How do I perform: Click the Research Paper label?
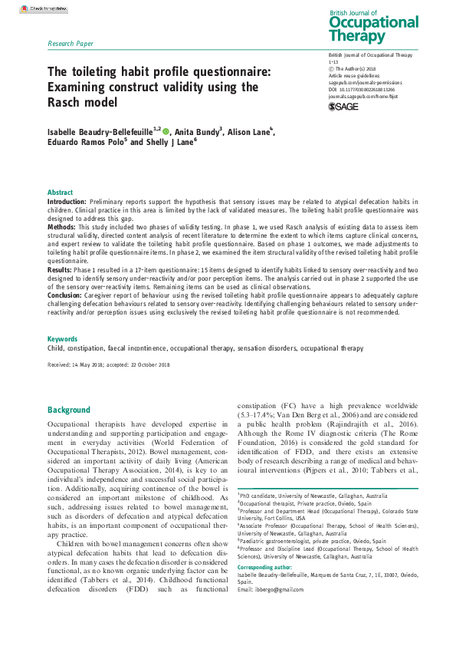71,44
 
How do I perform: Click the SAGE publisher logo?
343,106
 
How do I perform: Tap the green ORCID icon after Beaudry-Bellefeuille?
166,132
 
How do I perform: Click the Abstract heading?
61,193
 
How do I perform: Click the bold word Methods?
62,229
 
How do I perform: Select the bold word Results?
61,271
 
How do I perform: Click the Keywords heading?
62,338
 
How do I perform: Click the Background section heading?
69,410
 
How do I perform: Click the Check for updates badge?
43,8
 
